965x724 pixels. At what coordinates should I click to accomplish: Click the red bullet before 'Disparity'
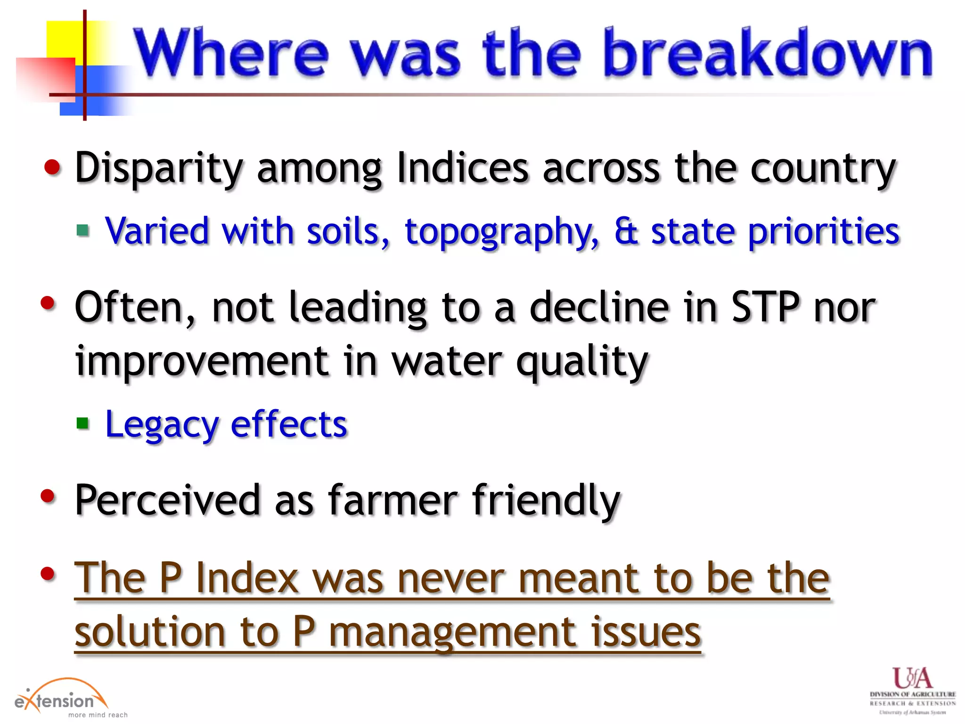pyautogui.click(x=52, y=167)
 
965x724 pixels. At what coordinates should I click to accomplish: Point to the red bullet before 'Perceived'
pyautogui.click(x=48, y=496)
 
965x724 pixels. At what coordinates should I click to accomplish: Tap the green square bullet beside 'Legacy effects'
pyautogui.click(x=83, y=423)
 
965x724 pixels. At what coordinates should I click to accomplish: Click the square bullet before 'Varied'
pyautogui.click(x=83, y=230)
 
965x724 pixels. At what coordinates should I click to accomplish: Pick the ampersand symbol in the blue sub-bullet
pyautogui.click(x=626, y=231)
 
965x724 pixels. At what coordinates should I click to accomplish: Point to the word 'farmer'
pyautogui.click(x=393, y=500)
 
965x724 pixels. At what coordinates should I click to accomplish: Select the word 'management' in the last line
pyautogui.click(x=455, y=633)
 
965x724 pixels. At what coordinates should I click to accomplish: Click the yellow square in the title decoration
pyautogui.click(x=66, y=40)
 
